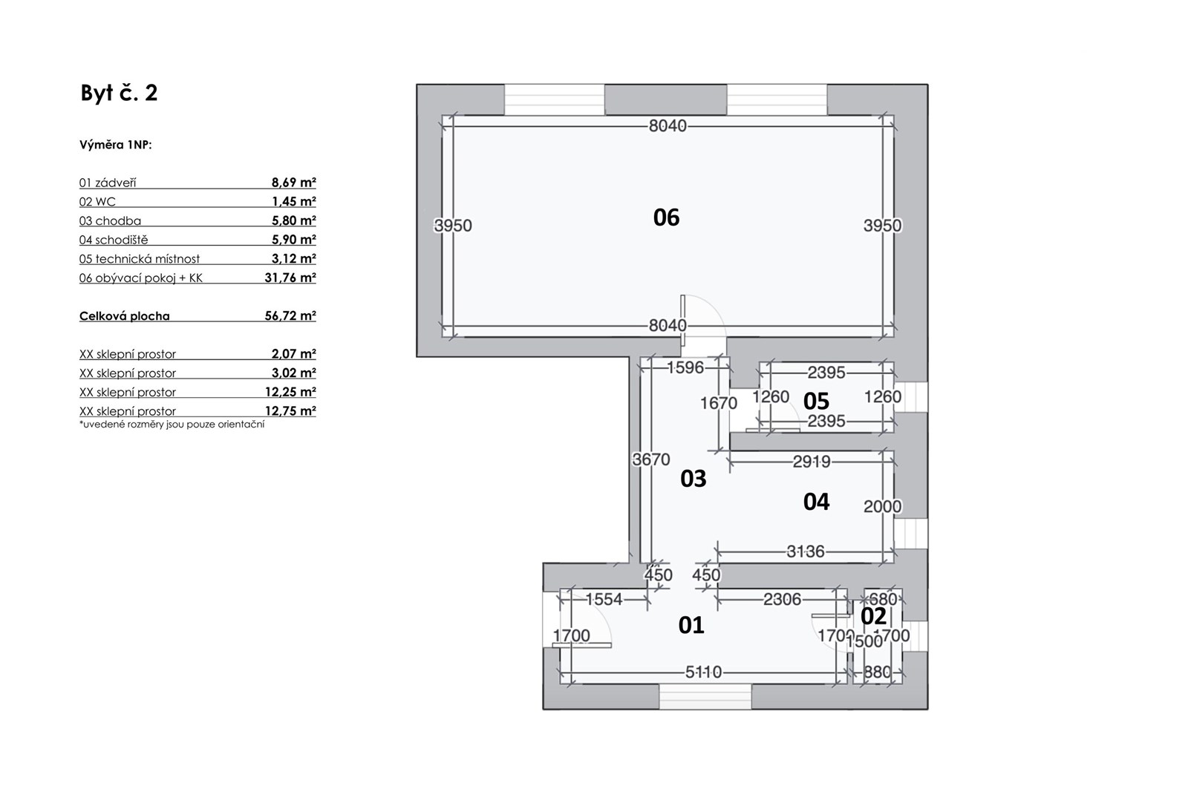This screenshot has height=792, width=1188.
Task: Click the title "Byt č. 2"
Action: point(119,93)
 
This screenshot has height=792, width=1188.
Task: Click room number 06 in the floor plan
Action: point(666,217)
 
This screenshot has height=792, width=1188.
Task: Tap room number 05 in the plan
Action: point(816,402)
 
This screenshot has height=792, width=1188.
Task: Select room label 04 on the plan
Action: point(816,502)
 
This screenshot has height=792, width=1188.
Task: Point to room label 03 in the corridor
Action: point(693,479)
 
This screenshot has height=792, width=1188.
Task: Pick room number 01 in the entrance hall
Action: point(691,626)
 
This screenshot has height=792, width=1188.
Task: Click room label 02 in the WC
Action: point(873,616)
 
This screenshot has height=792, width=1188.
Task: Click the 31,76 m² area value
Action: point(290,278)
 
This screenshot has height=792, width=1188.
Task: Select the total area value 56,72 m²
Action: point(290,316)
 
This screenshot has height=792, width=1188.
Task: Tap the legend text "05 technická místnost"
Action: point(140,259)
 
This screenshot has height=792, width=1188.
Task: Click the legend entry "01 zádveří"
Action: point(108,183)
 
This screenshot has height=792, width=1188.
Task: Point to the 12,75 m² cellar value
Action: point(290,410)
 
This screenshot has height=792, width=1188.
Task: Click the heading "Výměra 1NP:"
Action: point(116,145)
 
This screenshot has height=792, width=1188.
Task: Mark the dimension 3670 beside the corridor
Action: point(651,459)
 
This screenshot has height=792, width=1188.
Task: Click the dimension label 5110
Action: point(703,672)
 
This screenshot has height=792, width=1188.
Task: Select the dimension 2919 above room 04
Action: point(812,462)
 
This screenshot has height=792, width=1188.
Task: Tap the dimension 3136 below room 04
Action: point(806,552)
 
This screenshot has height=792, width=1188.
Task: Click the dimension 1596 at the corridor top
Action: point(685,367)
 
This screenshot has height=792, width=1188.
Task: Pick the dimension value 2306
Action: point(783,599)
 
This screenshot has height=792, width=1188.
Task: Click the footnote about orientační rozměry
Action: point(172,425)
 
